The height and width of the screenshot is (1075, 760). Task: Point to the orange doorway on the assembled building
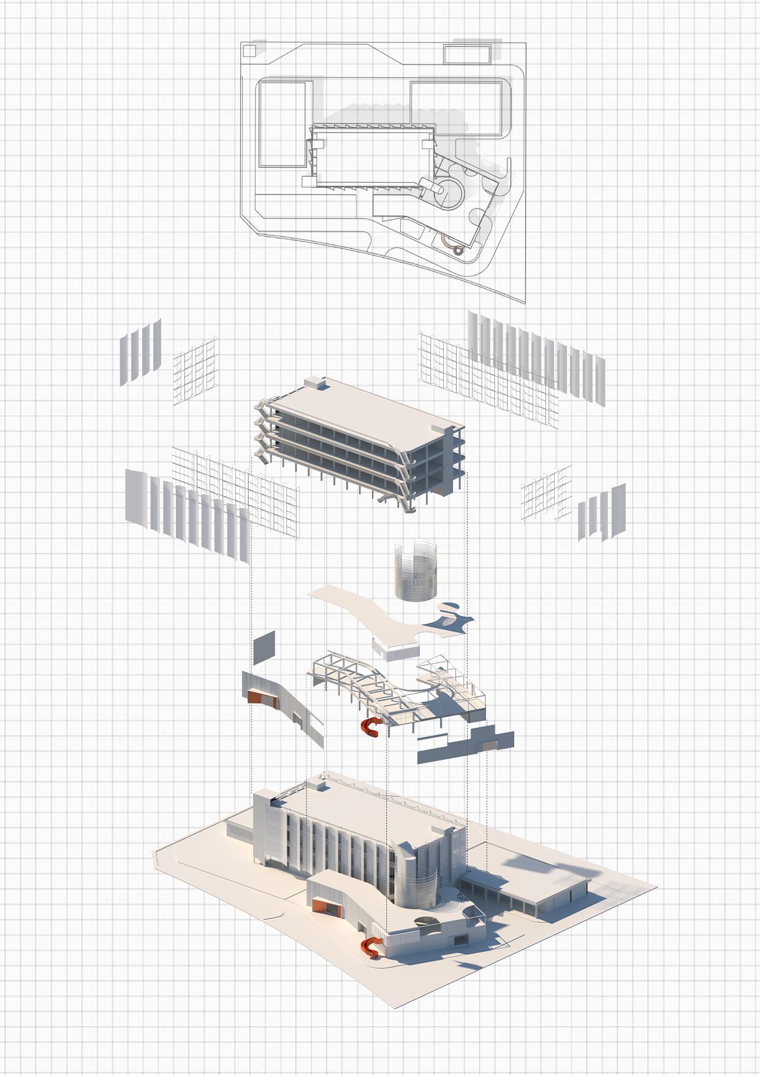325,906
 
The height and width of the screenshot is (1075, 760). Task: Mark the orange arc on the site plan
452,246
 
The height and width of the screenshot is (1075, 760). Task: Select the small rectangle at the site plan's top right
468,54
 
